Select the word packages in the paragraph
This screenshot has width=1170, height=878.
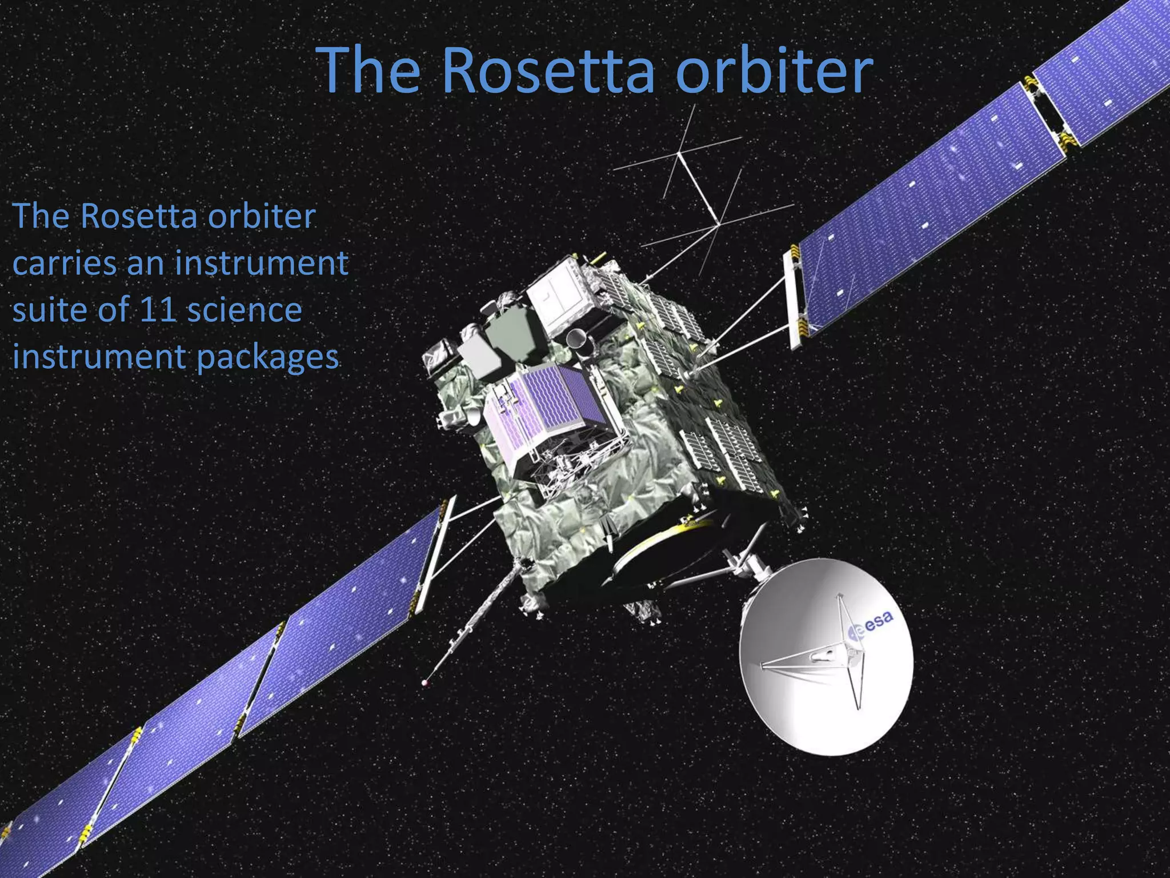click(x=268, y=357)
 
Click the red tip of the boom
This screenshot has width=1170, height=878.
click(x=424, y=682)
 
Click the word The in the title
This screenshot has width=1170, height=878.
click(x=371, y=71)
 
